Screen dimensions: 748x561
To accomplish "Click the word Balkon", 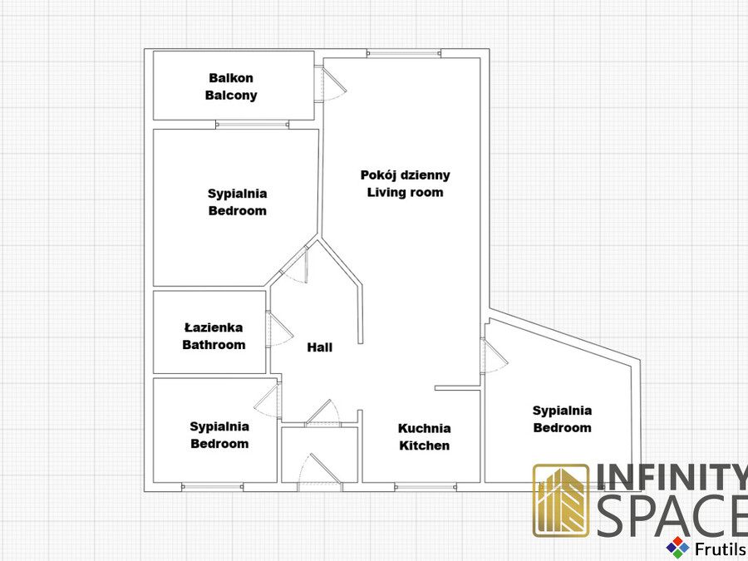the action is click(231, 78).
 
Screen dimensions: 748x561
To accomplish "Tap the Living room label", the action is click(405, 192).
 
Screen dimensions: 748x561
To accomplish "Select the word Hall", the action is click(320, 347).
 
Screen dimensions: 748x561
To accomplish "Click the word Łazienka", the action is click(214, 327).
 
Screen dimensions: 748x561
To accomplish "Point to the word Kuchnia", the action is click(424, 428).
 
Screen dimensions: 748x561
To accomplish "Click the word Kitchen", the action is click(424, 445).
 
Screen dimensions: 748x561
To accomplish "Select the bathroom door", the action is click(279, 329).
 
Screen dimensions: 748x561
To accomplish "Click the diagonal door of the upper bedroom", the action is click(295, 265).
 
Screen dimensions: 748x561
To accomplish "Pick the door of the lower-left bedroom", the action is click(268, 401).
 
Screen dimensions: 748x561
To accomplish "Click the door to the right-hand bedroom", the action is click(495, 356).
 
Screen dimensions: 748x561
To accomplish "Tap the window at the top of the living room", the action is click(404, 53).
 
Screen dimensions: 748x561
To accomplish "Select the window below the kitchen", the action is click(426, 487).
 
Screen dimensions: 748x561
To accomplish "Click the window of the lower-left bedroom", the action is click(212, 487).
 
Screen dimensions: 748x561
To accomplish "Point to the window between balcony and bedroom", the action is click(253, 125).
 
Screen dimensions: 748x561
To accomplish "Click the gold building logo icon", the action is click(561, 500).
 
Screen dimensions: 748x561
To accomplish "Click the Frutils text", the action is click(721, 549).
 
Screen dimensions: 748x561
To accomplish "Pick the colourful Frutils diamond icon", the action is click(677, 548).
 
